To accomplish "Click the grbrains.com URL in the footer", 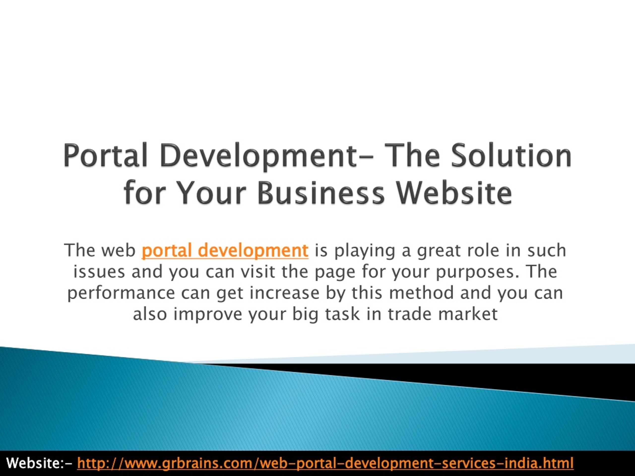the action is pyautogui.click(x=325, y=463).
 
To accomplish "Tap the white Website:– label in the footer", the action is pyautogui.click(x=40, y=463).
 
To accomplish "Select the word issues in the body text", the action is pyautogui.click(x=99, y=272).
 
